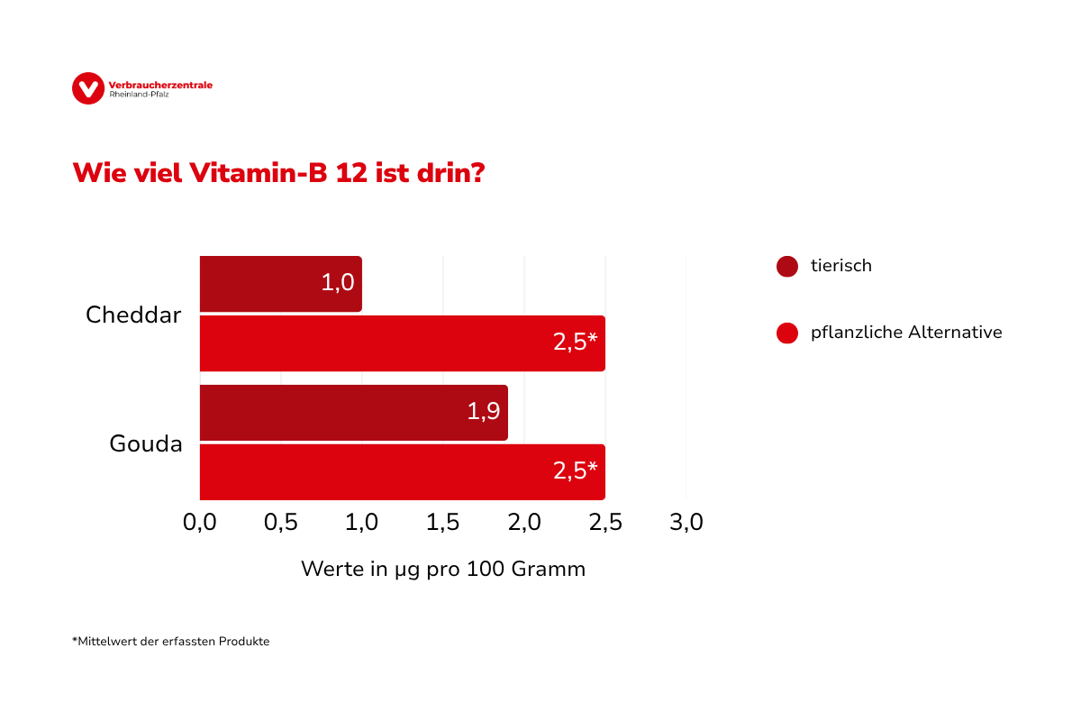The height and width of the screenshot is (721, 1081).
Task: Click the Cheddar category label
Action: (133, 315)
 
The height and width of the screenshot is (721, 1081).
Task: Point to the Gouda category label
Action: (146, 443)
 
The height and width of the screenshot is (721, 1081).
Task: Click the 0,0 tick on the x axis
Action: (199, 523)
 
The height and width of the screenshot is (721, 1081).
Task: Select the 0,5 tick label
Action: (281, 523)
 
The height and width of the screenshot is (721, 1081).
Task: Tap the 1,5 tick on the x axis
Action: (443, 523)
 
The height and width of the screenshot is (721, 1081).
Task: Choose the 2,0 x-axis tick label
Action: (524, 523)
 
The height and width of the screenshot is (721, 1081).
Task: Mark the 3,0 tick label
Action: (686, 523)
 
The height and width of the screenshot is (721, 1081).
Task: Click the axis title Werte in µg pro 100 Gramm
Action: (443, 570)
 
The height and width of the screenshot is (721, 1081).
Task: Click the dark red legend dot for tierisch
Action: (787, 267)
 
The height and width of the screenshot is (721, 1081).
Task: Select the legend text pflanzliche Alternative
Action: (906, 333)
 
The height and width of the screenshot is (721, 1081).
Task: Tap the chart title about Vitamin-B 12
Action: (278, 173)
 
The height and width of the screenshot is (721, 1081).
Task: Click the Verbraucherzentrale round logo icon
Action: (88, 88)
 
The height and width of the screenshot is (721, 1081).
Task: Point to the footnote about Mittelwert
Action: (171, 642)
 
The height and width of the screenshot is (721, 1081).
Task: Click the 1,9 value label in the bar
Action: (483, 412)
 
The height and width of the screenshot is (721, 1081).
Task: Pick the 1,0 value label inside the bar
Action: (337, 283)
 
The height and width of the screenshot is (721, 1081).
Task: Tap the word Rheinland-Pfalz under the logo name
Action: (139, 94)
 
